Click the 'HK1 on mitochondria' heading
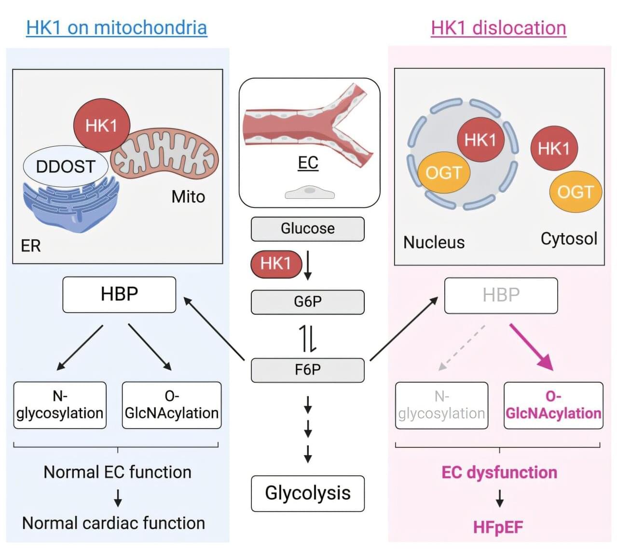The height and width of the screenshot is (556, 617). (116, 28)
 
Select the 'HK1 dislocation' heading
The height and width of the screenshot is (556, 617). (498, 28)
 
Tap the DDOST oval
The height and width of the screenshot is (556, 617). (66, 167)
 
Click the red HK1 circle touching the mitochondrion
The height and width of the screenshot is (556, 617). (101, 125)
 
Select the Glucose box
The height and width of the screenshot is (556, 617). (307, 228)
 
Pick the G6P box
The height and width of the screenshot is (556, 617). (307, 302)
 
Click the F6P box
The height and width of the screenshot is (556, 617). (307, 370)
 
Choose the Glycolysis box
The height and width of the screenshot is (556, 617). (307, 493)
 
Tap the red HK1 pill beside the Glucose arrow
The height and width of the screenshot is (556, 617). (276, 264)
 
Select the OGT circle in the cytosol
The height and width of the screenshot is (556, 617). (575, 192)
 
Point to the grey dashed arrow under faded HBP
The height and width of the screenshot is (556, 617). (462, 347)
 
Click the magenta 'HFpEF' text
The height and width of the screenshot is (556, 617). (498, 527)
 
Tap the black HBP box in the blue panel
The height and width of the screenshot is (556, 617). (119, 294)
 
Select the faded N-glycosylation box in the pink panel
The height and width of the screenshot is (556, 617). (441, 405)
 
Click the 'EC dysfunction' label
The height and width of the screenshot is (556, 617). (499, 472)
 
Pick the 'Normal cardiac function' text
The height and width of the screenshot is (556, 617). (114, 523)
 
